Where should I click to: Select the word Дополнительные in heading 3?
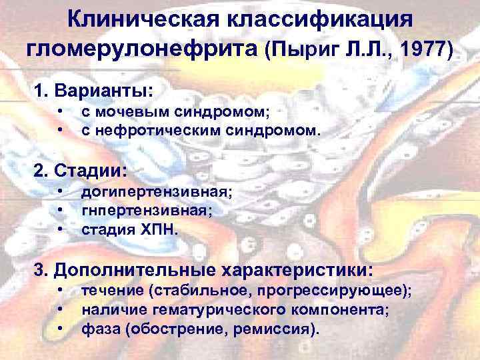(x=135, y=271)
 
